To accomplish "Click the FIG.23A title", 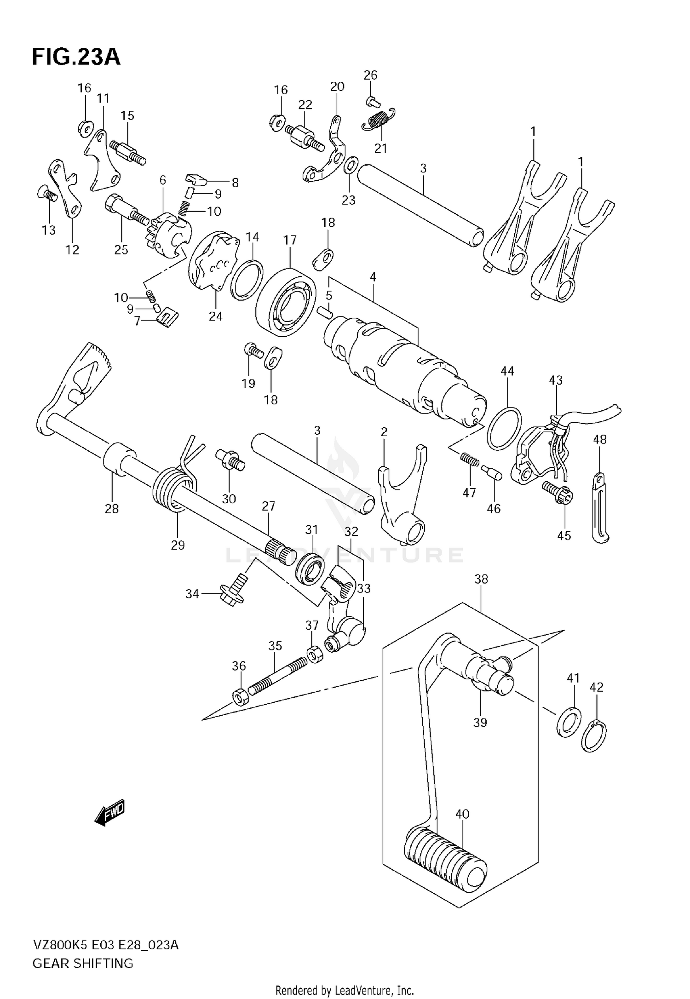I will point(76,57).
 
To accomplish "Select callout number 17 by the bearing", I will point(290,240).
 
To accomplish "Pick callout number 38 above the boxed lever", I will point(481,579).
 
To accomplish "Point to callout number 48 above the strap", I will point(599,439).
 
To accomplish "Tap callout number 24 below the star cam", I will point(215,316).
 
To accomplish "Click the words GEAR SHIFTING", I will point(83,963).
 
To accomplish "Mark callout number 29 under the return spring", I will point(178,545).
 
